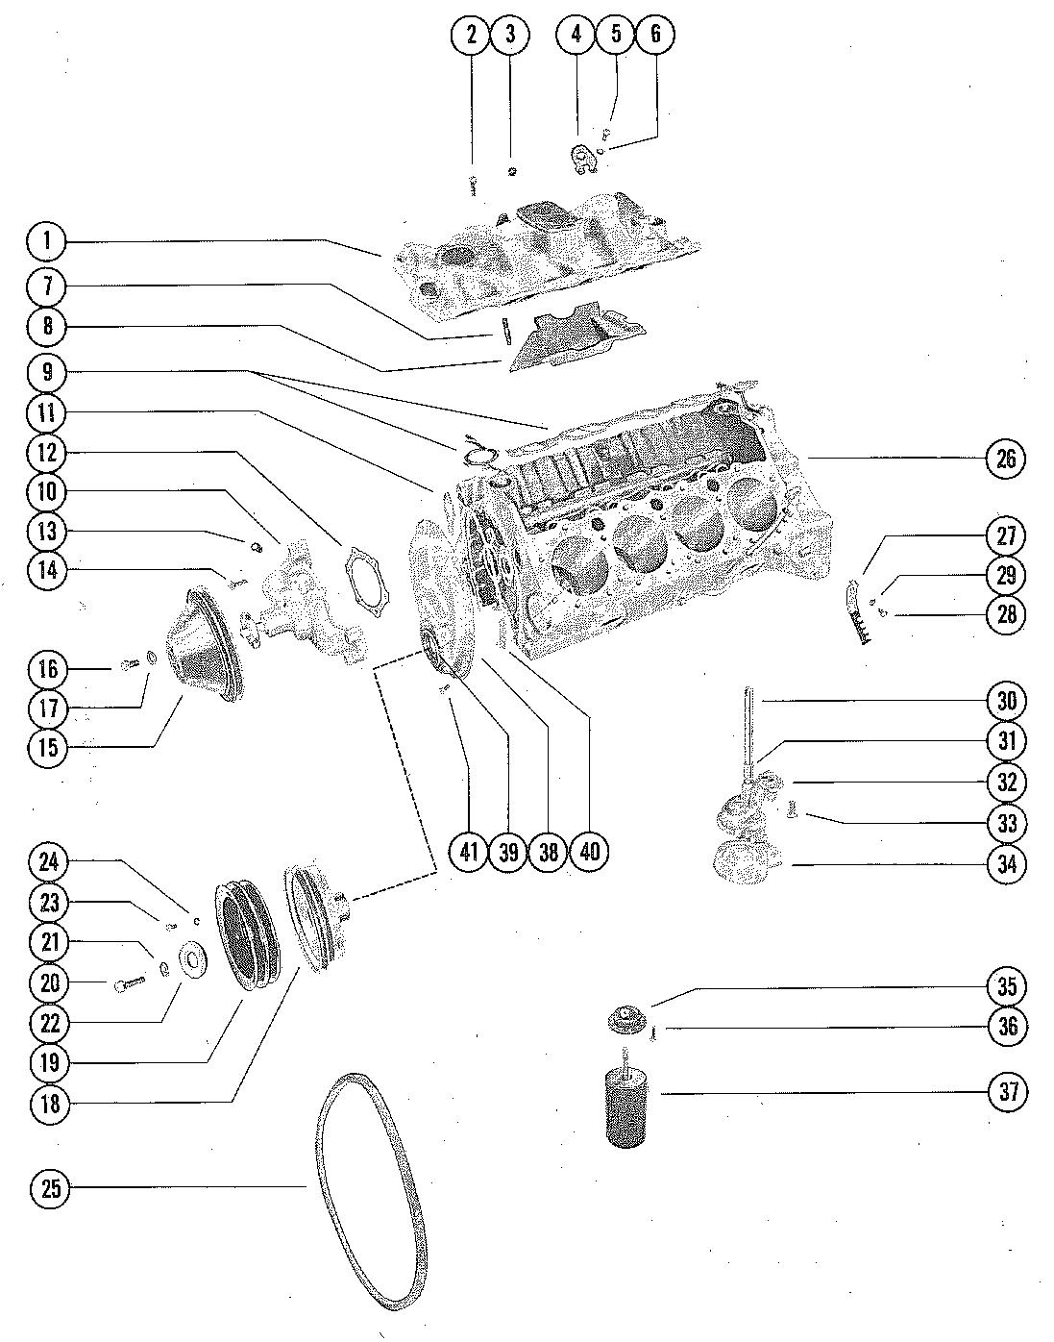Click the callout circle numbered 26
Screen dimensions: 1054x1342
1006,459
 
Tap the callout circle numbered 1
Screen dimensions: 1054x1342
47,240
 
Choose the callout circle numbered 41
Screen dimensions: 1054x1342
469,852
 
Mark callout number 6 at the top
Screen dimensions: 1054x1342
655,34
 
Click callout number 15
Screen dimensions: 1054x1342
48,748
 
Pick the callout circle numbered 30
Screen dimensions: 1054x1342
1006,701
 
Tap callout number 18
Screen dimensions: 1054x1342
49,1104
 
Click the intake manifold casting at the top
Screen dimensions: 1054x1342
546,257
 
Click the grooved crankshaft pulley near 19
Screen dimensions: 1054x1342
248,938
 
